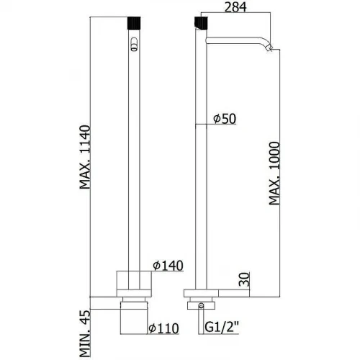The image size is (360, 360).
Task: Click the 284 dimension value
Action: (x=235, y=7)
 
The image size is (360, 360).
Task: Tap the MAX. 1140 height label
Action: (x=85, y=157)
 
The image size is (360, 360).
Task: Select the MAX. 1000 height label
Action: (x=274, y=174)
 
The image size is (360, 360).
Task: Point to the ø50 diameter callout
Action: (x=225, y=119)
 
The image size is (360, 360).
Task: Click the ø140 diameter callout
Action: (x=168, y=266)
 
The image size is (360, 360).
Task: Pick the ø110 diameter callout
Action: (x=163, y=328)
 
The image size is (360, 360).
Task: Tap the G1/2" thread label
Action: (x=222, y=327)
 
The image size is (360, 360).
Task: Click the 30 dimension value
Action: (x=244, y=279)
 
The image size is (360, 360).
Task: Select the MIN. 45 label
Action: (x=85, y=333)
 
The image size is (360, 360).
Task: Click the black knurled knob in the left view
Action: (x=134, y=23)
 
